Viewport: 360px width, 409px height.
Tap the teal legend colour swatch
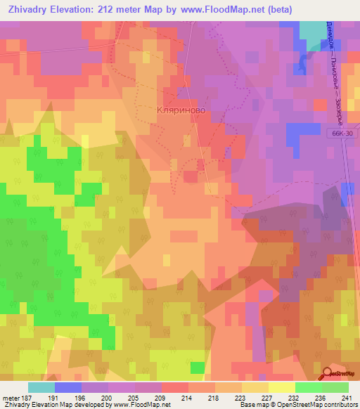coord(41,387)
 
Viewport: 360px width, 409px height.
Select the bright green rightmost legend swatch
coord(335,387)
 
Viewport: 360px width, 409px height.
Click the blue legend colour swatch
coord(67,387)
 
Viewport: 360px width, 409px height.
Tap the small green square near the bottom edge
coord(198,368)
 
